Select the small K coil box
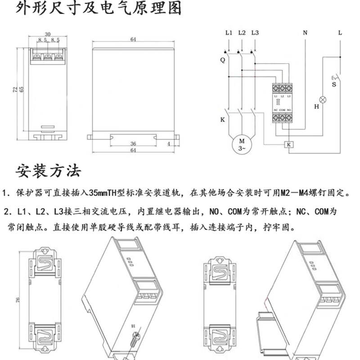288,144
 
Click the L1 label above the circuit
228,33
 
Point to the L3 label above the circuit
255,33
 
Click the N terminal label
305,33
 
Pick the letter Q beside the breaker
222,60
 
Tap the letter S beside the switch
334,84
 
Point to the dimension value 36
133,144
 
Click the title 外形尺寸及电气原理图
99,9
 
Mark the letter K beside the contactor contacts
222,120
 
